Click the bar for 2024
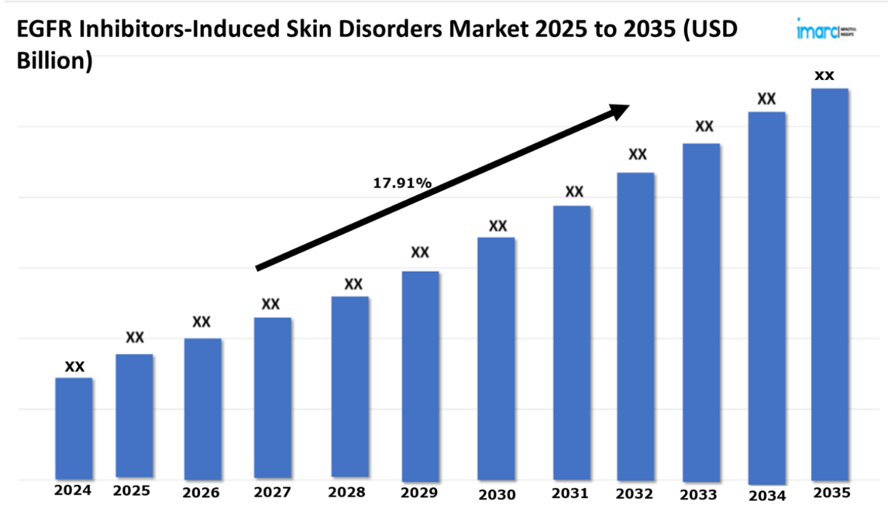coord(74,428)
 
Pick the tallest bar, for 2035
coord(829,283)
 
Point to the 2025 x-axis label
coord(131,492)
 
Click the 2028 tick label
coord(347,492)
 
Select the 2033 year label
coord(699,495)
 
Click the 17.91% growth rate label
coord(402,183)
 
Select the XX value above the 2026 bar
coord(202,322)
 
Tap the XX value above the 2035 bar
coord(824,76)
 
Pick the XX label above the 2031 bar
coord(574,192)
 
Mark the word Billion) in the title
coord(55,62)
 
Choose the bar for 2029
coord(420,376)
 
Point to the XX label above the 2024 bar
coord(75,367)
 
